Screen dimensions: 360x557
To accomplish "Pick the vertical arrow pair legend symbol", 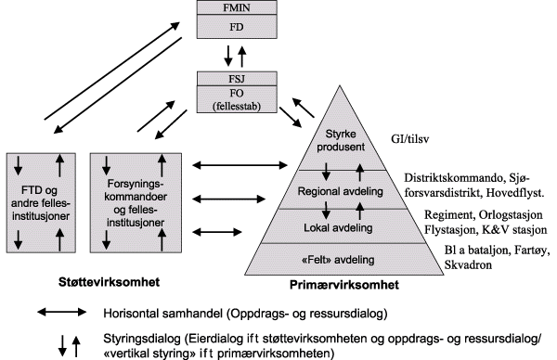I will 63,345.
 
